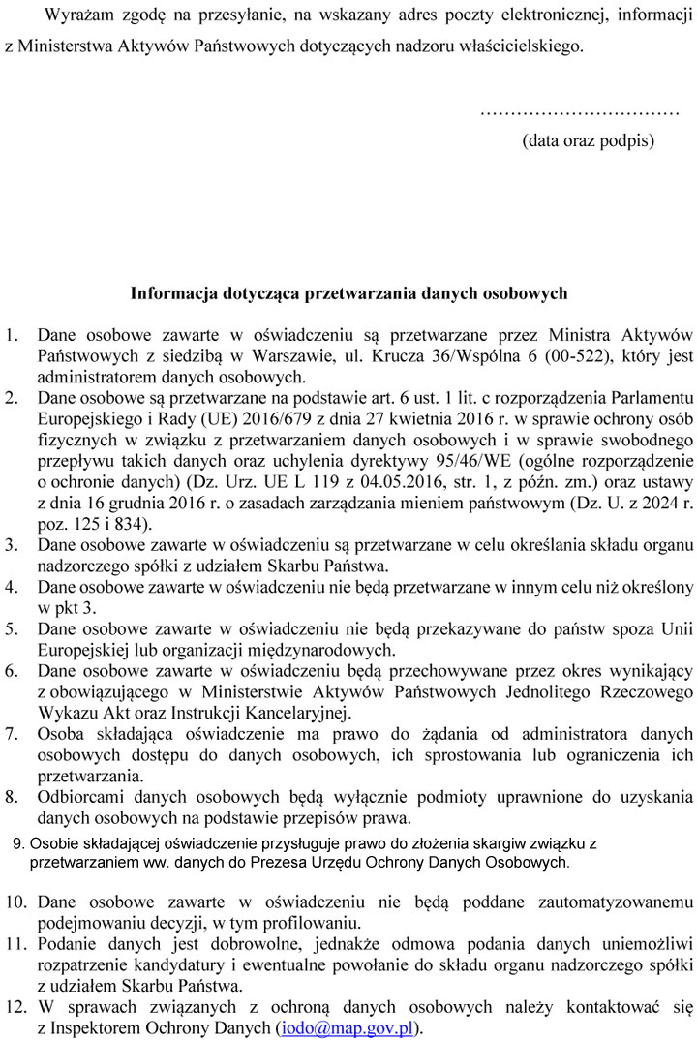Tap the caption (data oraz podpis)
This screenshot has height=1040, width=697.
(x=588, y=140)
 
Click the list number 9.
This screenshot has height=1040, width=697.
(x=20, y=843)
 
